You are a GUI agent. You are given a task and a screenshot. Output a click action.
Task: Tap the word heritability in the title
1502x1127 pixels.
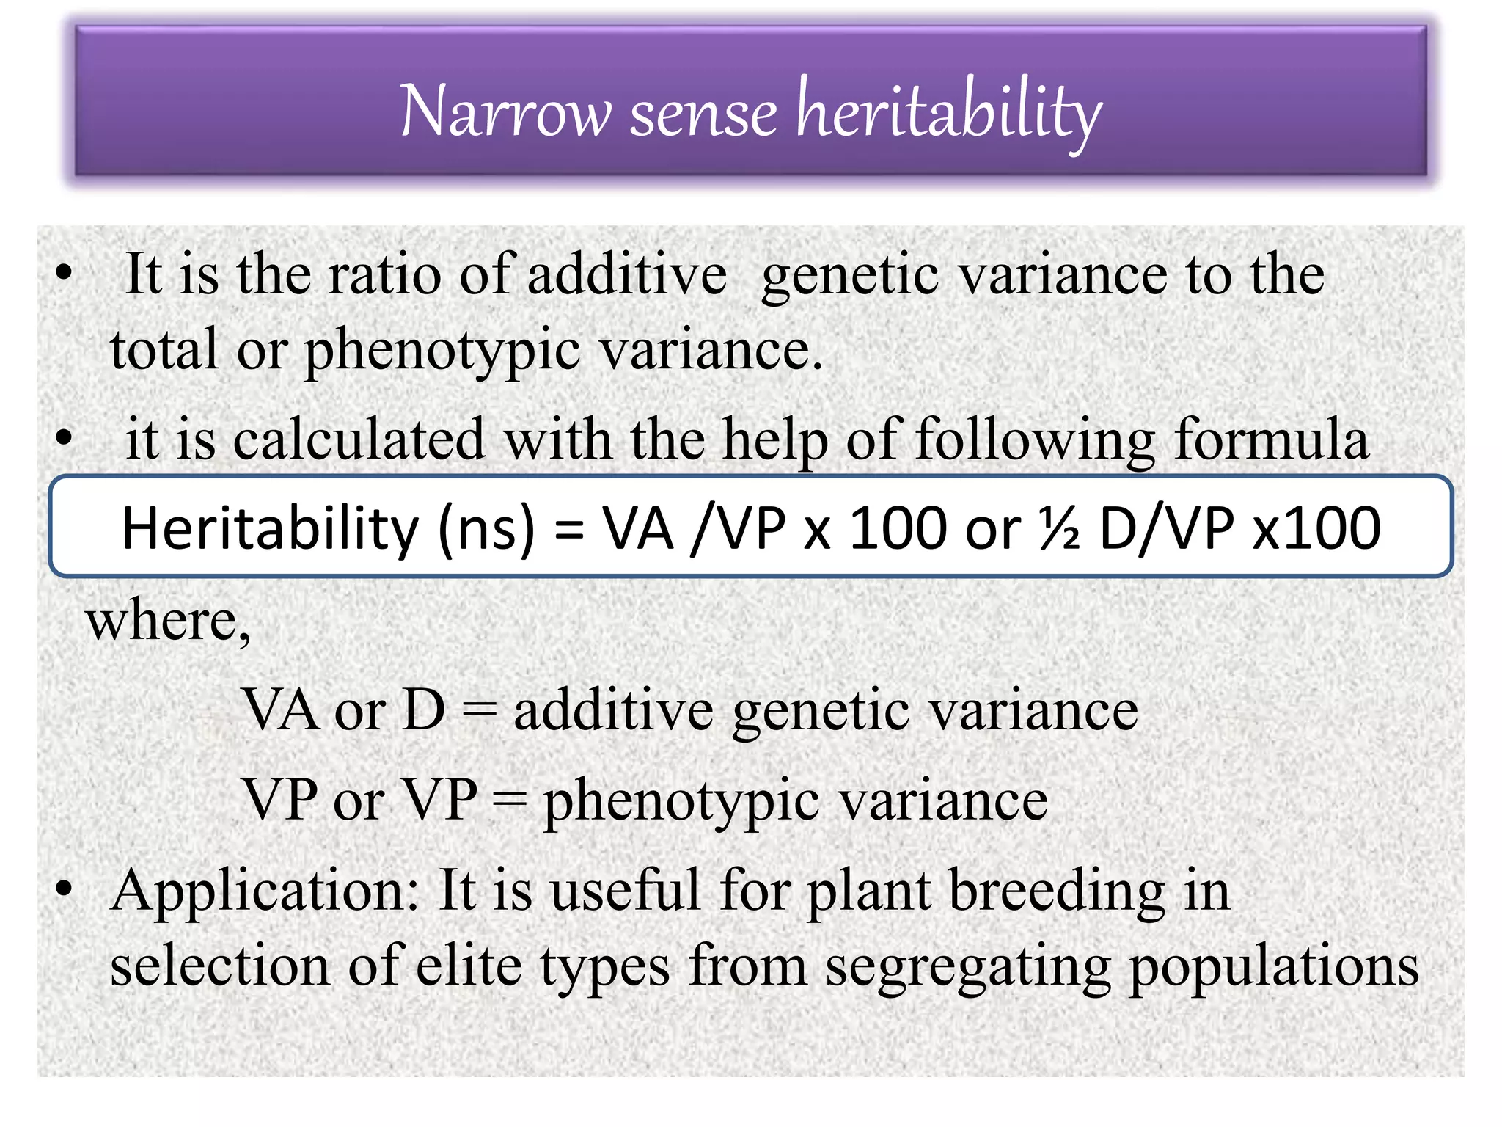pyautogui.click(x=949, y=112)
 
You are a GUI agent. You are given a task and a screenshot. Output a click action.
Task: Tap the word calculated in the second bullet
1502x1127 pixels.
pyautogui.click(x=359, y=440)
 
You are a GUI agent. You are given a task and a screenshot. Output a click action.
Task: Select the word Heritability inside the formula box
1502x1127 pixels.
pyautogui.click(x=269, y=528)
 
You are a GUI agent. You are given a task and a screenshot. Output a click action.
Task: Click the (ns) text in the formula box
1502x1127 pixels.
pyautogui.click(x=486, y=528)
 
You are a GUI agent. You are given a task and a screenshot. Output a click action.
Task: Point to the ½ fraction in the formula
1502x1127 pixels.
pyautogui.click(x=1059, y=528)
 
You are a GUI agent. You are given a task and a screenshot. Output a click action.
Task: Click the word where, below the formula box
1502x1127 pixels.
pyautogui.click(x=168, y=621)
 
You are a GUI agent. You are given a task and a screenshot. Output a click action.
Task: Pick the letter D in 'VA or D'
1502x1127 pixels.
pyautogui.click(x=424, y=710)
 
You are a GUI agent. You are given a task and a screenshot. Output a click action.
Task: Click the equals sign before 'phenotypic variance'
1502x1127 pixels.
pyautogui.click(x=510, y=800)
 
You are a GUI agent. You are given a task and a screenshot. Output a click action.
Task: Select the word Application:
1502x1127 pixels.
pyautogui.click(x=265, y=891)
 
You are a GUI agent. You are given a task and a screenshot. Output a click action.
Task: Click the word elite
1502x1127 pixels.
pyautogui.click(x=469, y=966)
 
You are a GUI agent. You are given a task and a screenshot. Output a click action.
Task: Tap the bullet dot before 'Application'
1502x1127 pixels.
pyautogui.click(x=65, y=889)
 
